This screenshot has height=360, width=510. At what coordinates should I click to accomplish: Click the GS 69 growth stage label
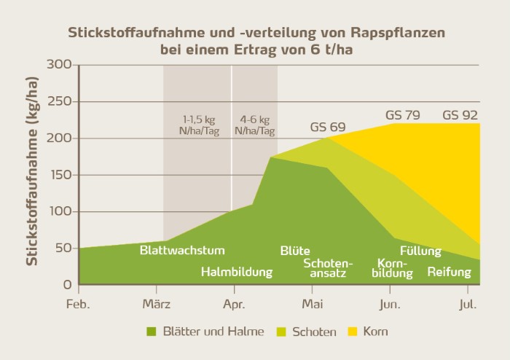click(327, 127)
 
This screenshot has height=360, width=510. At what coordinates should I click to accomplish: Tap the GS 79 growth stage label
click(403, 115)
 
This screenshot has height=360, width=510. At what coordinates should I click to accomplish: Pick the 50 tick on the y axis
click(64, 249)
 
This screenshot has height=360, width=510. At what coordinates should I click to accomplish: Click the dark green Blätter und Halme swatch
click(152, 332)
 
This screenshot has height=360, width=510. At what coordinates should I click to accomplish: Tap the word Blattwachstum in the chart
click(182, 250)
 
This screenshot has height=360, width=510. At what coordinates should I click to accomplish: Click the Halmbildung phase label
click(237, 273)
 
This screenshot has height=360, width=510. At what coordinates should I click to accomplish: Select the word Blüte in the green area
click(295, 250)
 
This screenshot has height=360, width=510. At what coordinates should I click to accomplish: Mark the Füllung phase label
click(420, 251)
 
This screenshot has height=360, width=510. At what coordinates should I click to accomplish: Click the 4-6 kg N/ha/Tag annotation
click(254, 125)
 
